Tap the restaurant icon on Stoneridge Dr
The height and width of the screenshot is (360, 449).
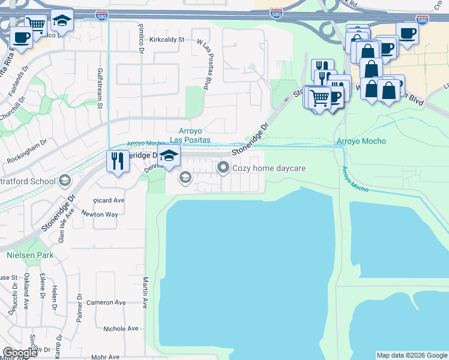coord(117,160)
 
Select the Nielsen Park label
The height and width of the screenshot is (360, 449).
coord(30,255)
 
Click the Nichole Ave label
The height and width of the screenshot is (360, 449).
coord(120,329)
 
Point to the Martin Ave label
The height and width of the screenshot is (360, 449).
coord(145,292)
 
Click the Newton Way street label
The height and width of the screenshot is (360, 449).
coord(100,214)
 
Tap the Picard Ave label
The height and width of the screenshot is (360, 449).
coord(109,200)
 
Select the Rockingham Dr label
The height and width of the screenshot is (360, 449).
coord(27,152)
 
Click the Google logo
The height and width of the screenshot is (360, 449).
coord(20,353)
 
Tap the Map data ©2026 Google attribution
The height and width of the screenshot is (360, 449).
coord(412,355)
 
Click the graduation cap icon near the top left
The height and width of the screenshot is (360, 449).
coord(61,20)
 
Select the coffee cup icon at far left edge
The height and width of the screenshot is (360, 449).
coord(22,38)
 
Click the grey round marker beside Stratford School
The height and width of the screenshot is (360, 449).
coord(64,181)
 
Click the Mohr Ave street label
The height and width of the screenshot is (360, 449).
coord(104,357)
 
